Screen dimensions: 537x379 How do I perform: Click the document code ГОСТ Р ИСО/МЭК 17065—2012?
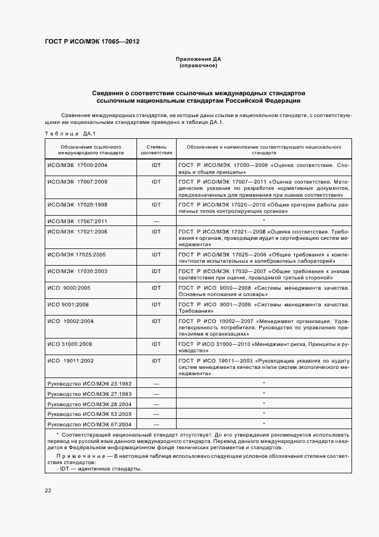pyautogui.click(x=92, y=41)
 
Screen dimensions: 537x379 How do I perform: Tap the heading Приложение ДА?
pyautogui.click(x=198, y=59)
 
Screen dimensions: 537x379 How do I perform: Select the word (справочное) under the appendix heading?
pyautogui.click(x=198, y=66)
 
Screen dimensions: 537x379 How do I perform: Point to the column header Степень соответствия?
pyautogui.click(x=156, y=150)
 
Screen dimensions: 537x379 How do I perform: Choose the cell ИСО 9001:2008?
pyautogui.click(x=68, y=304)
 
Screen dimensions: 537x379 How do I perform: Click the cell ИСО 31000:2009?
pyautogui.click(x=70, y=344)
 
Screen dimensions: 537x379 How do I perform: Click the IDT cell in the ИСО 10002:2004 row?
pyautogui.click(x=156, y=321)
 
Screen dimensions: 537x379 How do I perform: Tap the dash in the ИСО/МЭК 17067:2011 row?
pyautogui.click(x=156, y=221)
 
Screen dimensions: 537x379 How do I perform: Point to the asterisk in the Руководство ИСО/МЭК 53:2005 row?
pyautogui.click(x=263, y=414)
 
